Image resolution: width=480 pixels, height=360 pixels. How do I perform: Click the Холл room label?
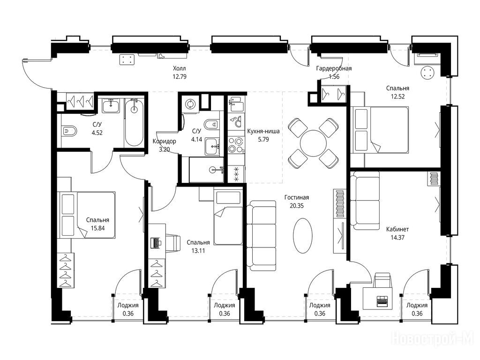click(179, 68)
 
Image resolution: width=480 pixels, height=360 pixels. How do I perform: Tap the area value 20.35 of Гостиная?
click(297, 206)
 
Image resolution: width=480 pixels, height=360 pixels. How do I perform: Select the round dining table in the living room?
click(313, 143)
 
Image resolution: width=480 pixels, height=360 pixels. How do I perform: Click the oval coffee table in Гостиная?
click(303, 235)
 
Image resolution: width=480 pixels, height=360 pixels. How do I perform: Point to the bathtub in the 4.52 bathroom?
click(134, 122)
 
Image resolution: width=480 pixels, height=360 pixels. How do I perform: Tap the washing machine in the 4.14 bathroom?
click(190, 104)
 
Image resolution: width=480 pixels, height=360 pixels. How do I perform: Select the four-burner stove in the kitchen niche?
click(236, 144)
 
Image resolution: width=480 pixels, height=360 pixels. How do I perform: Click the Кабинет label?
click(397, 229)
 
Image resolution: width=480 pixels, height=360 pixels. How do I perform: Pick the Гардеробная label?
click(334, 68)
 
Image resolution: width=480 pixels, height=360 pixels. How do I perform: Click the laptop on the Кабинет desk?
click(382, 301)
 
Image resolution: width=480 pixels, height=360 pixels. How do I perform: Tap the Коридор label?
click(165, 141)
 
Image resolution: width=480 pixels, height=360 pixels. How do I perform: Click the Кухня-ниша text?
click(263, 131)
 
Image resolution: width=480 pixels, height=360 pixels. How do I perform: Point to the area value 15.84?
click(97, 228)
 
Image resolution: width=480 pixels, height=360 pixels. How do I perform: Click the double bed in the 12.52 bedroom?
click(380, 130)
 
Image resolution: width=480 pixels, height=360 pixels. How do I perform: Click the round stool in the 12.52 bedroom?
click(427, 73)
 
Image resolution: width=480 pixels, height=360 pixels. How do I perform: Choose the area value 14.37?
click(397, 237)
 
